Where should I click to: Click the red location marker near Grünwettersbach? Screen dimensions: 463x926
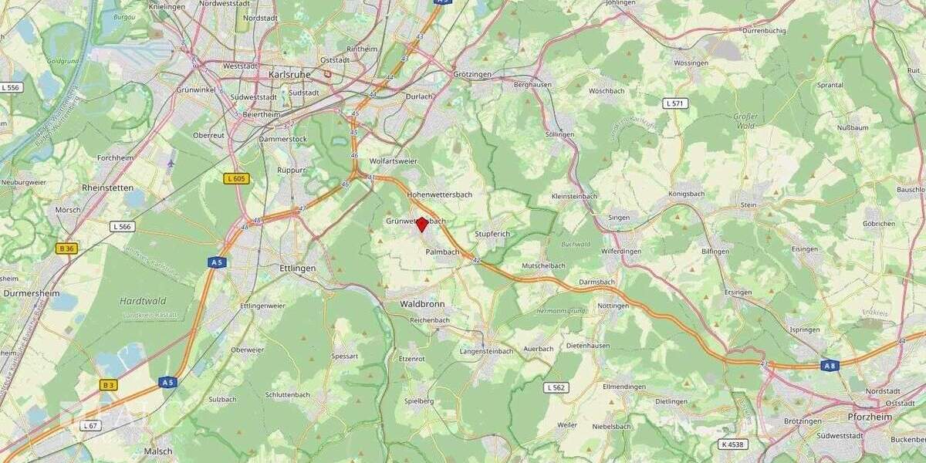[422, 225]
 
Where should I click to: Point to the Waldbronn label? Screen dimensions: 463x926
[422, 304]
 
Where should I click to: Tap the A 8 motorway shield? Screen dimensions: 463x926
[829, 365]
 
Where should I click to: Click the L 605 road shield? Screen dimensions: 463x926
[236, 178]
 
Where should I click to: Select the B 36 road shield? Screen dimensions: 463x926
[66, 248]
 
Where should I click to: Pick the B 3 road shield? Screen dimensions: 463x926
[109, 384]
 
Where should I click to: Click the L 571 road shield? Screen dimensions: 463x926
[675, 103]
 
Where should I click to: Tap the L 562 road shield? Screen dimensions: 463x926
[556, 387]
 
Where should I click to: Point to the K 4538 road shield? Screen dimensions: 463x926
[732, 444]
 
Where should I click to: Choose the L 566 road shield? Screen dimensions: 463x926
[122, 226]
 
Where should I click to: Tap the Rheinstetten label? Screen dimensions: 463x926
[107, 188]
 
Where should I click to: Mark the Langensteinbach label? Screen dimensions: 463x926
[486, 351]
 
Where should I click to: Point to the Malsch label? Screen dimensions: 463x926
[157, 451]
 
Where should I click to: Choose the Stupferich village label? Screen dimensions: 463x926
[493, 232]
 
